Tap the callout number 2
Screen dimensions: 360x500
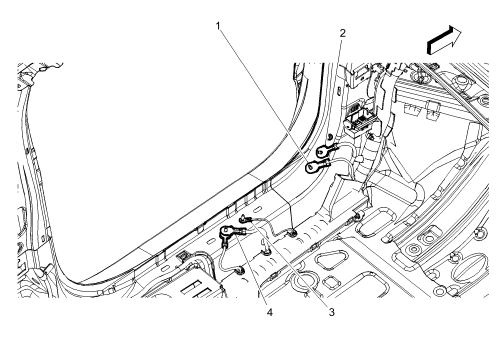pos(342,33)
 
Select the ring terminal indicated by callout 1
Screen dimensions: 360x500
pos(313,167)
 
